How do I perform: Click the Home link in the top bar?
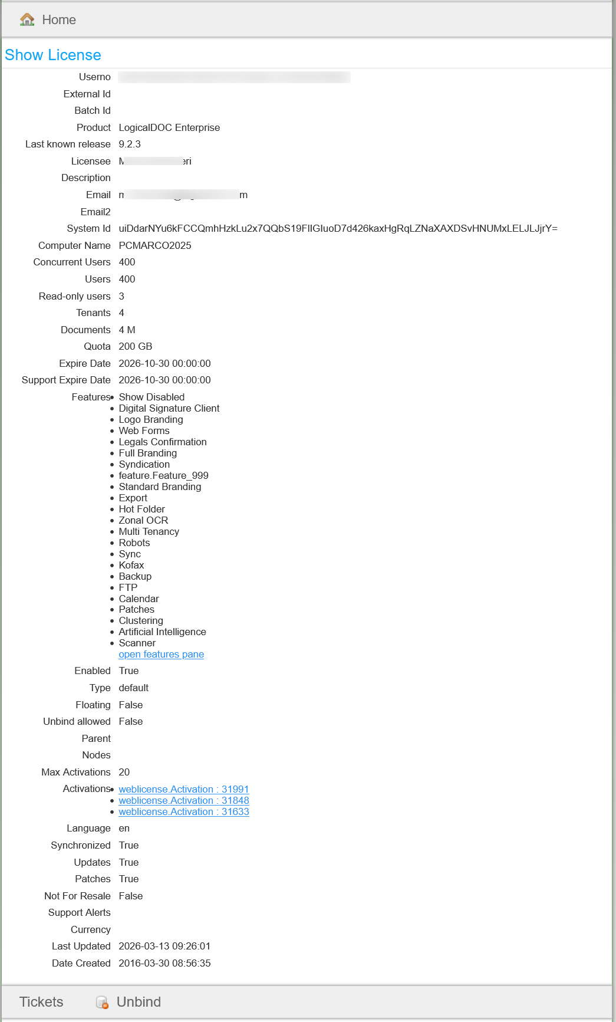(59, 20)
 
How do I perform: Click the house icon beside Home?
(27, 19)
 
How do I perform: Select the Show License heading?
(53, 55)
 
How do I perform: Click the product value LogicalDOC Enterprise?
(169, 127)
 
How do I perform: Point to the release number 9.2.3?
(130, 144)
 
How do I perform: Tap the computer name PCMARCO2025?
(155, 245)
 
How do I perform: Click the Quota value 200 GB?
(136, 346)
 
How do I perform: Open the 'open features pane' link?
(161, 655)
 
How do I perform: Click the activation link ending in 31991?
(184, 789)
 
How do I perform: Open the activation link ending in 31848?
(184, 800)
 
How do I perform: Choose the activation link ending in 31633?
(184, 811)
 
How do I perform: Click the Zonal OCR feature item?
(143, 520)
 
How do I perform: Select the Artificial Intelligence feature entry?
(162, 632)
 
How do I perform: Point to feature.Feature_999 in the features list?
(163, 475)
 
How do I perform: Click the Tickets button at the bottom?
(41, 1002)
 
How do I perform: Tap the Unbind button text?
(139, 1002)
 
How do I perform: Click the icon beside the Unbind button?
(102, 1002)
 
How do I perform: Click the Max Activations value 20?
(124, 772)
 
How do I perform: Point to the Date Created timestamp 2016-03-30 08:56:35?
(164, 963)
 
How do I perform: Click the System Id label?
(88, 228)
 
